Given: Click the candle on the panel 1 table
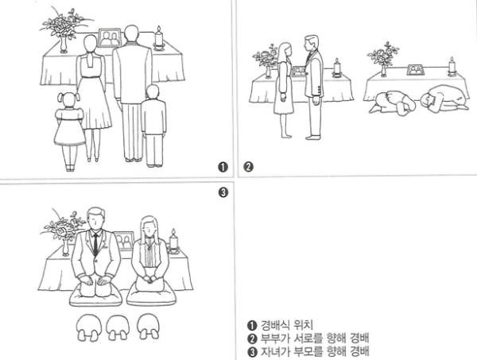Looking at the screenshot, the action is (158, 38).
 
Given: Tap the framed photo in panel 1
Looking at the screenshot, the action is (110, 38).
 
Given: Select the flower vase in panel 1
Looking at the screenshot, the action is (64, 45).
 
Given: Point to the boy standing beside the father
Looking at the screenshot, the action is (154, 126).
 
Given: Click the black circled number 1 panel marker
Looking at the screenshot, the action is (223, 167).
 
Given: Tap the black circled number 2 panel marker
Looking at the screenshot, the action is (248, 167).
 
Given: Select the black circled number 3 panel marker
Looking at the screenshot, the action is (223, 192).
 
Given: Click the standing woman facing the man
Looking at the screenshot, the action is (284, 90).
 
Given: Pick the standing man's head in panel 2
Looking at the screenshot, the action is (312, 44).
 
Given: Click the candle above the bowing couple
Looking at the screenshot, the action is (452, 66).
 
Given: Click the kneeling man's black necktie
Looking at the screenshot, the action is (96, 243).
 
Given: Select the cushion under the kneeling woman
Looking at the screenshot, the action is (151, 297).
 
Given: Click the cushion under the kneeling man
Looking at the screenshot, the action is (96, 298).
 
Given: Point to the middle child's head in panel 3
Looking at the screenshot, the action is (118, 327).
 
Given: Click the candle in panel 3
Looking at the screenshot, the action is (173, 241).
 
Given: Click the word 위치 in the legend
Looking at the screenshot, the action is (304, 325).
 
